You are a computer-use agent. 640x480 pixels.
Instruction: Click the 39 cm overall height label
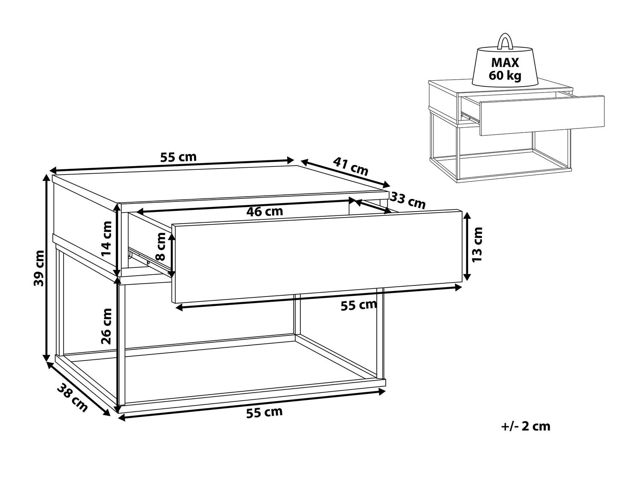click(x=39, y=268)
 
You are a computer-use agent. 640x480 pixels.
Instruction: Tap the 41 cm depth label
click(x=350, y=166)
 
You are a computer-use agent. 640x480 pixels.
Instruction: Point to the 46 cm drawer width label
click(x=265, y=211)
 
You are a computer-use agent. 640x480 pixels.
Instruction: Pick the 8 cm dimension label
click(x=160, y=247)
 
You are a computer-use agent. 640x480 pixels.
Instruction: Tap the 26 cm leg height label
click(x=106, y=326)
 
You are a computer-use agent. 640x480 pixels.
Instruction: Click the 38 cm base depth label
click(x=72, y=398)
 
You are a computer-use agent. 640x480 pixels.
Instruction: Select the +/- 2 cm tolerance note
click(x=526, y=426)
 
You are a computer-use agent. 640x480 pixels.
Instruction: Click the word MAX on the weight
click(x=505, y=63)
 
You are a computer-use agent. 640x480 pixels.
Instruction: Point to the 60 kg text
click(x=505, y=76)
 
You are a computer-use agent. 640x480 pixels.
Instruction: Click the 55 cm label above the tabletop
click(x=178, y=157)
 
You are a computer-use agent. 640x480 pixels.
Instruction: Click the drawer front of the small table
click(x=542, y=115)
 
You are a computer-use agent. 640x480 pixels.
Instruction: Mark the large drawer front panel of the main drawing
click(x=317, y=256)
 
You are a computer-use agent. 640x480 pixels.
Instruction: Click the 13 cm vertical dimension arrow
click(x=467, y=247)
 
